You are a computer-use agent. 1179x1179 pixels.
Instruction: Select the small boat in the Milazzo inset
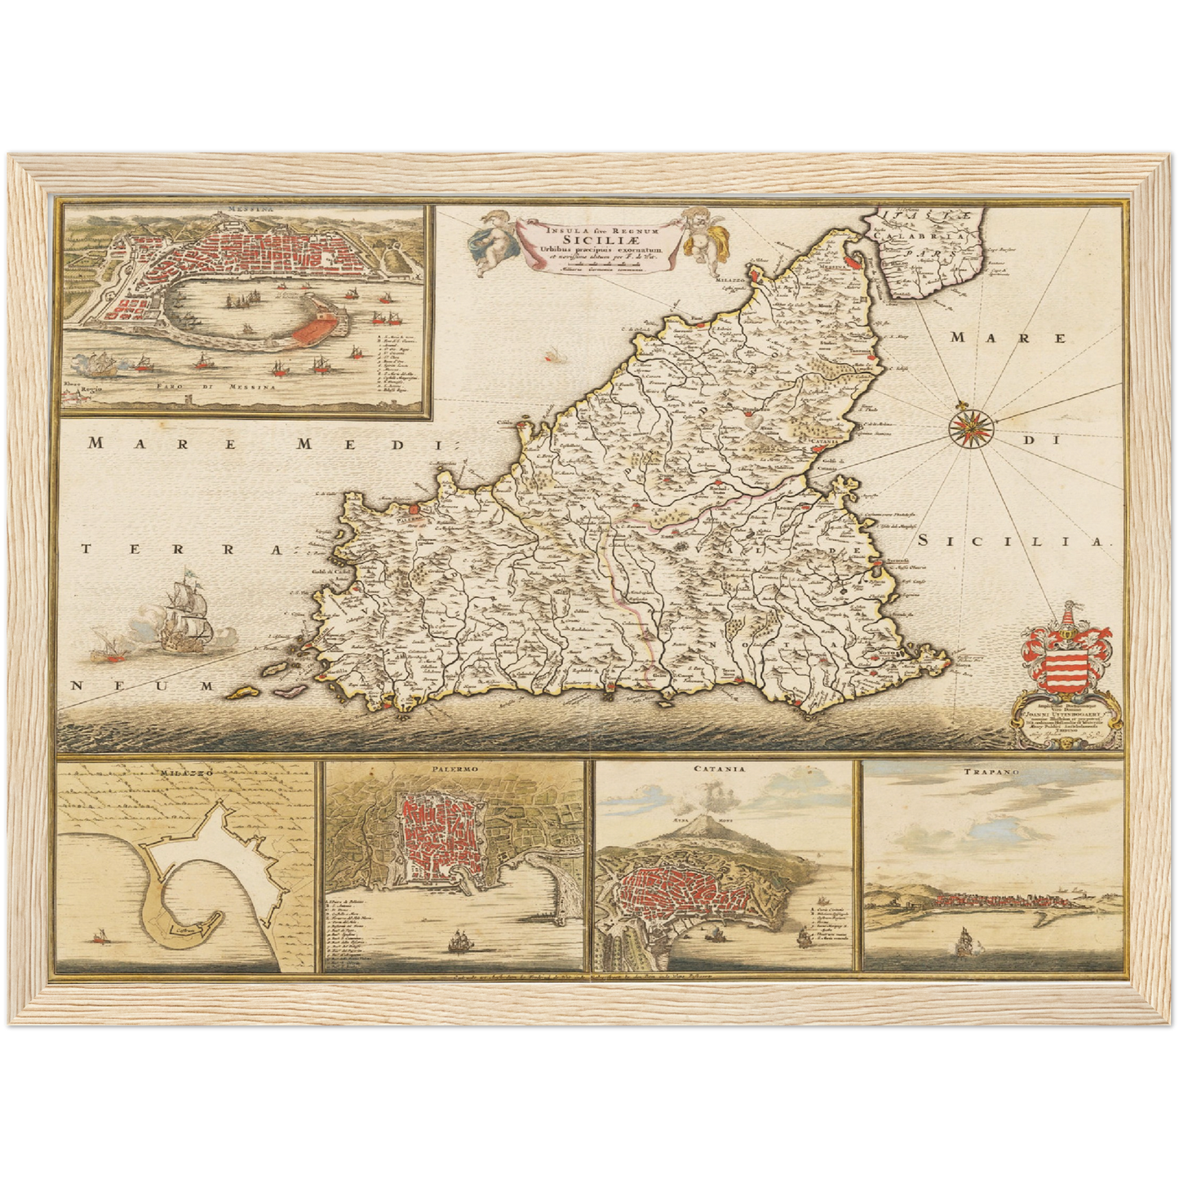click(102, 937)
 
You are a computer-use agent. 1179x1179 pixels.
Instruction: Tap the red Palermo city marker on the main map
click(414, 510)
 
